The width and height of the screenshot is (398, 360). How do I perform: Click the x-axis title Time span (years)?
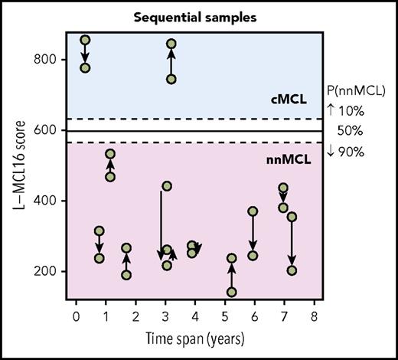click(x=195, y=338)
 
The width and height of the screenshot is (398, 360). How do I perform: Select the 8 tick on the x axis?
click(x=314, y=315)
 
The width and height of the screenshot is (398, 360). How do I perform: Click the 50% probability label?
click(x=355, y=131)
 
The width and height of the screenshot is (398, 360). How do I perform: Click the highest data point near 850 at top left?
click(x=85, y=40)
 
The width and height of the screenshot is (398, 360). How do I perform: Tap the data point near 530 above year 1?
click(x=110, y=154)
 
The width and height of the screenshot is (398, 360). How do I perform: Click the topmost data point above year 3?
click(x=171, y=44)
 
